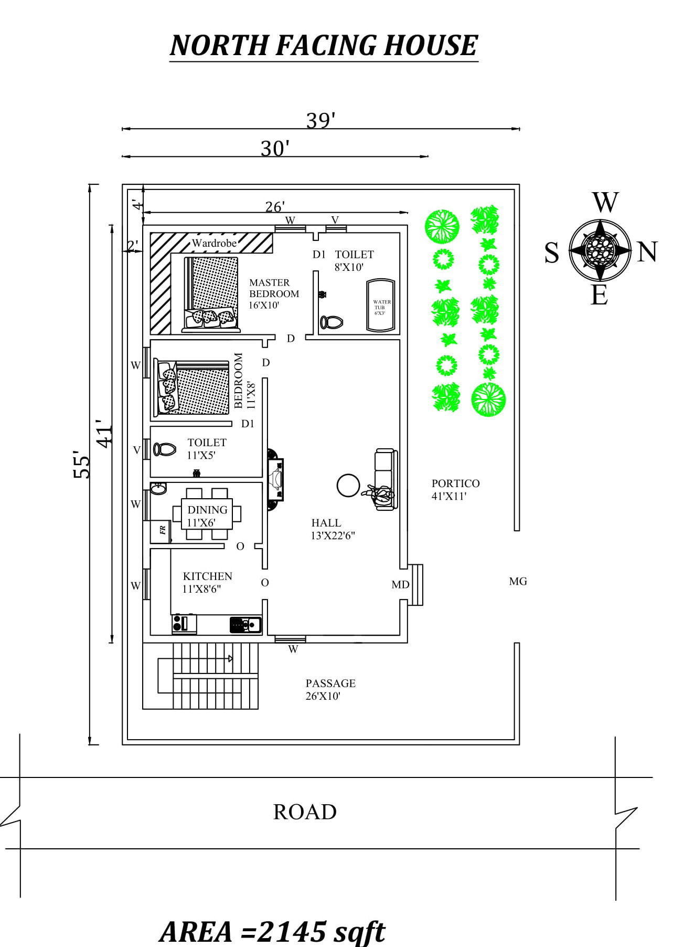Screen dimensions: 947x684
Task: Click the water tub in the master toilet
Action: [380, 305]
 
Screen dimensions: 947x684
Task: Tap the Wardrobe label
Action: [214, 243]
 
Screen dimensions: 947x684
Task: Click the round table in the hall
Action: [348, 485]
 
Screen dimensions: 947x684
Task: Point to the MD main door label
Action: [400, 585]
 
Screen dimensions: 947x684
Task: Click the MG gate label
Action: [518, 581]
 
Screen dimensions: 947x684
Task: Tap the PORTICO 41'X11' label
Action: [455, 489]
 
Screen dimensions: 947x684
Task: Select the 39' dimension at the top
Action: [320, 121]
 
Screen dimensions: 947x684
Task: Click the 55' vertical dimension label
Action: [82, 464]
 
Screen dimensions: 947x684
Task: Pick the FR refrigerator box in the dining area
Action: [162, 530]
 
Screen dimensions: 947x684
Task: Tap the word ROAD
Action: [305, 812]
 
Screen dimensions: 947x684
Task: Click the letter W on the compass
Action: [605, 202]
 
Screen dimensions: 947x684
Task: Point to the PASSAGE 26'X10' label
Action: [330, 689]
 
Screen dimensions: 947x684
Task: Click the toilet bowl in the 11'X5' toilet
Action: [165, 449]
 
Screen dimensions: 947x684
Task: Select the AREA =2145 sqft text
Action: [272, 931]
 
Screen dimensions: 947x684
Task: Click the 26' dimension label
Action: [274, 207]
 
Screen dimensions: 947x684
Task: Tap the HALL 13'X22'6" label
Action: [333, 529]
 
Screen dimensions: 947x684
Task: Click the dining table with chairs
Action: [207, 514]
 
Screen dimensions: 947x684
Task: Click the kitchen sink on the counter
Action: [245, 625]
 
